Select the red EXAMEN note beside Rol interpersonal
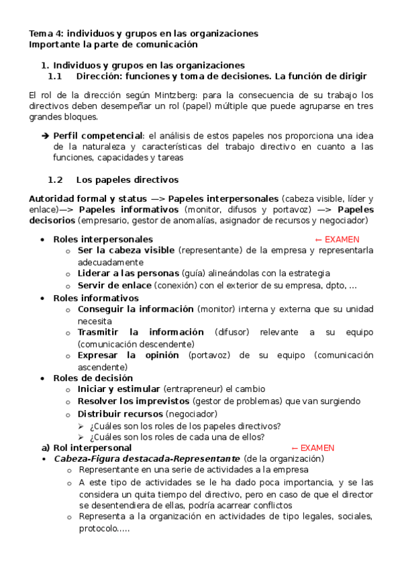point(312,448)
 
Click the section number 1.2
point(55,180)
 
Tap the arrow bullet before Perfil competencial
point(45,135)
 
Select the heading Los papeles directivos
point(127,180)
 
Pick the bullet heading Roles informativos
point(95,298)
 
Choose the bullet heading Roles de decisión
point(93,378)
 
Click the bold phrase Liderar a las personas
point(128,274)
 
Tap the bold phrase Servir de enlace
point(114,285)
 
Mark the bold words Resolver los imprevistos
point(143,401)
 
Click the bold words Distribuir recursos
point(120,413)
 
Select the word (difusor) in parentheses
point(232,332)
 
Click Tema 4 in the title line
point(45,33)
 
